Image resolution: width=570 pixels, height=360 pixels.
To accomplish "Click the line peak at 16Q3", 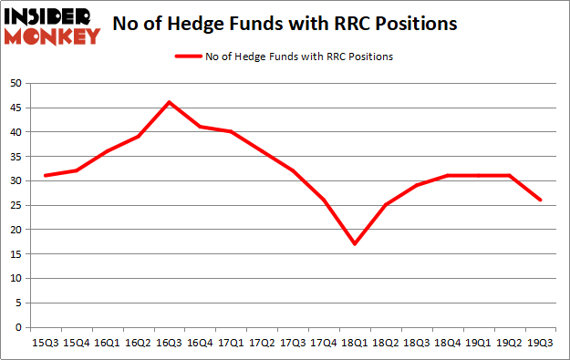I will (x=169, y=102).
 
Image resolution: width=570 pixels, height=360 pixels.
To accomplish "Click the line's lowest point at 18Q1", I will (x=355, y=243).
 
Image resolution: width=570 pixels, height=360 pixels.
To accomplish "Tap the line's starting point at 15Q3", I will (x=45, y=175).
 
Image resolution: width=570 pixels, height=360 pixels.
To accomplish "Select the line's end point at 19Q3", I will (x=541, y=200).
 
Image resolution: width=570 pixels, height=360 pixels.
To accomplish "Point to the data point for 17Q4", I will (x=324, y=200).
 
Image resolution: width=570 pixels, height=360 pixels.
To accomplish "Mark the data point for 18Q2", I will (x=386, y=204).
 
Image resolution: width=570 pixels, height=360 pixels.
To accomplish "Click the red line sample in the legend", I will (x=192, y=57).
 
